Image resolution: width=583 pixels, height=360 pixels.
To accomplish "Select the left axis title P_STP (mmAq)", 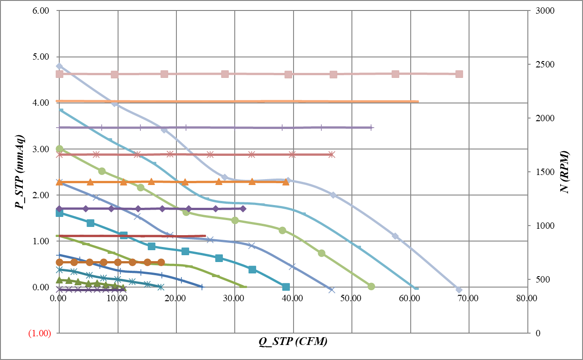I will pos(20,172).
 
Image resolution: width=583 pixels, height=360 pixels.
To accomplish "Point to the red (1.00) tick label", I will pos(39,333).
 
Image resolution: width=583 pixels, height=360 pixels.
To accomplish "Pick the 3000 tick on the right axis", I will pos(541,10).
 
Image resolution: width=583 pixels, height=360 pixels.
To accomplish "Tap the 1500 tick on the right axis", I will pos(541,172).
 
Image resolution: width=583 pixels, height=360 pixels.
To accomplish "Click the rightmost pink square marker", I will pos(459,74).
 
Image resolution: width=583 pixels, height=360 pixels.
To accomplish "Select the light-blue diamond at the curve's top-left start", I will pos(59,66).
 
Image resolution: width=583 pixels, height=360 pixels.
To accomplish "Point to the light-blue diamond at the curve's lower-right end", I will pos(459,290).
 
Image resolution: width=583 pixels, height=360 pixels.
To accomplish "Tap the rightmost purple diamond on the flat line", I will pos(243,209).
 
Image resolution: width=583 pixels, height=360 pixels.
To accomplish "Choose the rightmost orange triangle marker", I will pos(286,182).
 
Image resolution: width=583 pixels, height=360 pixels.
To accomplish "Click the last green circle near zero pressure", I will pos(371,286).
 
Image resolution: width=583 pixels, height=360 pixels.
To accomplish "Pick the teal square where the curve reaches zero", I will pos(286,287).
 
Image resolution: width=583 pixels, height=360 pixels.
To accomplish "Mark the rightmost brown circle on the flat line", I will pos(161,262).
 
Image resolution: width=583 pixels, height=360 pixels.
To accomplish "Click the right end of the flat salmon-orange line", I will pos(418,102).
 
